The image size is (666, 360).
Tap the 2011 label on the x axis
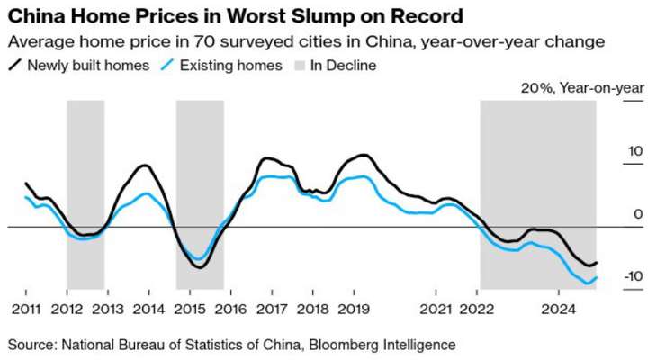25,308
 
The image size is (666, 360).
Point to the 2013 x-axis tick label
108,308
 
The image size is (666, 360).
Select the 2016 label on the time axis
231,308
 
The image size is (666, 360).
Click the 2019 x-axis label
354,308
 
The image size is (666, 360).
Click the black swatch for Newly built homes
15,65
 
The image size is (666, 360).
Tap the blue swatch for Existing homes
168,65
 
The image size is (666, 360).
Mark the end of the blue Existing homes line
598,278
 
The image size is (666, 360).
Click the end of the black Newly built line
598,263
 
